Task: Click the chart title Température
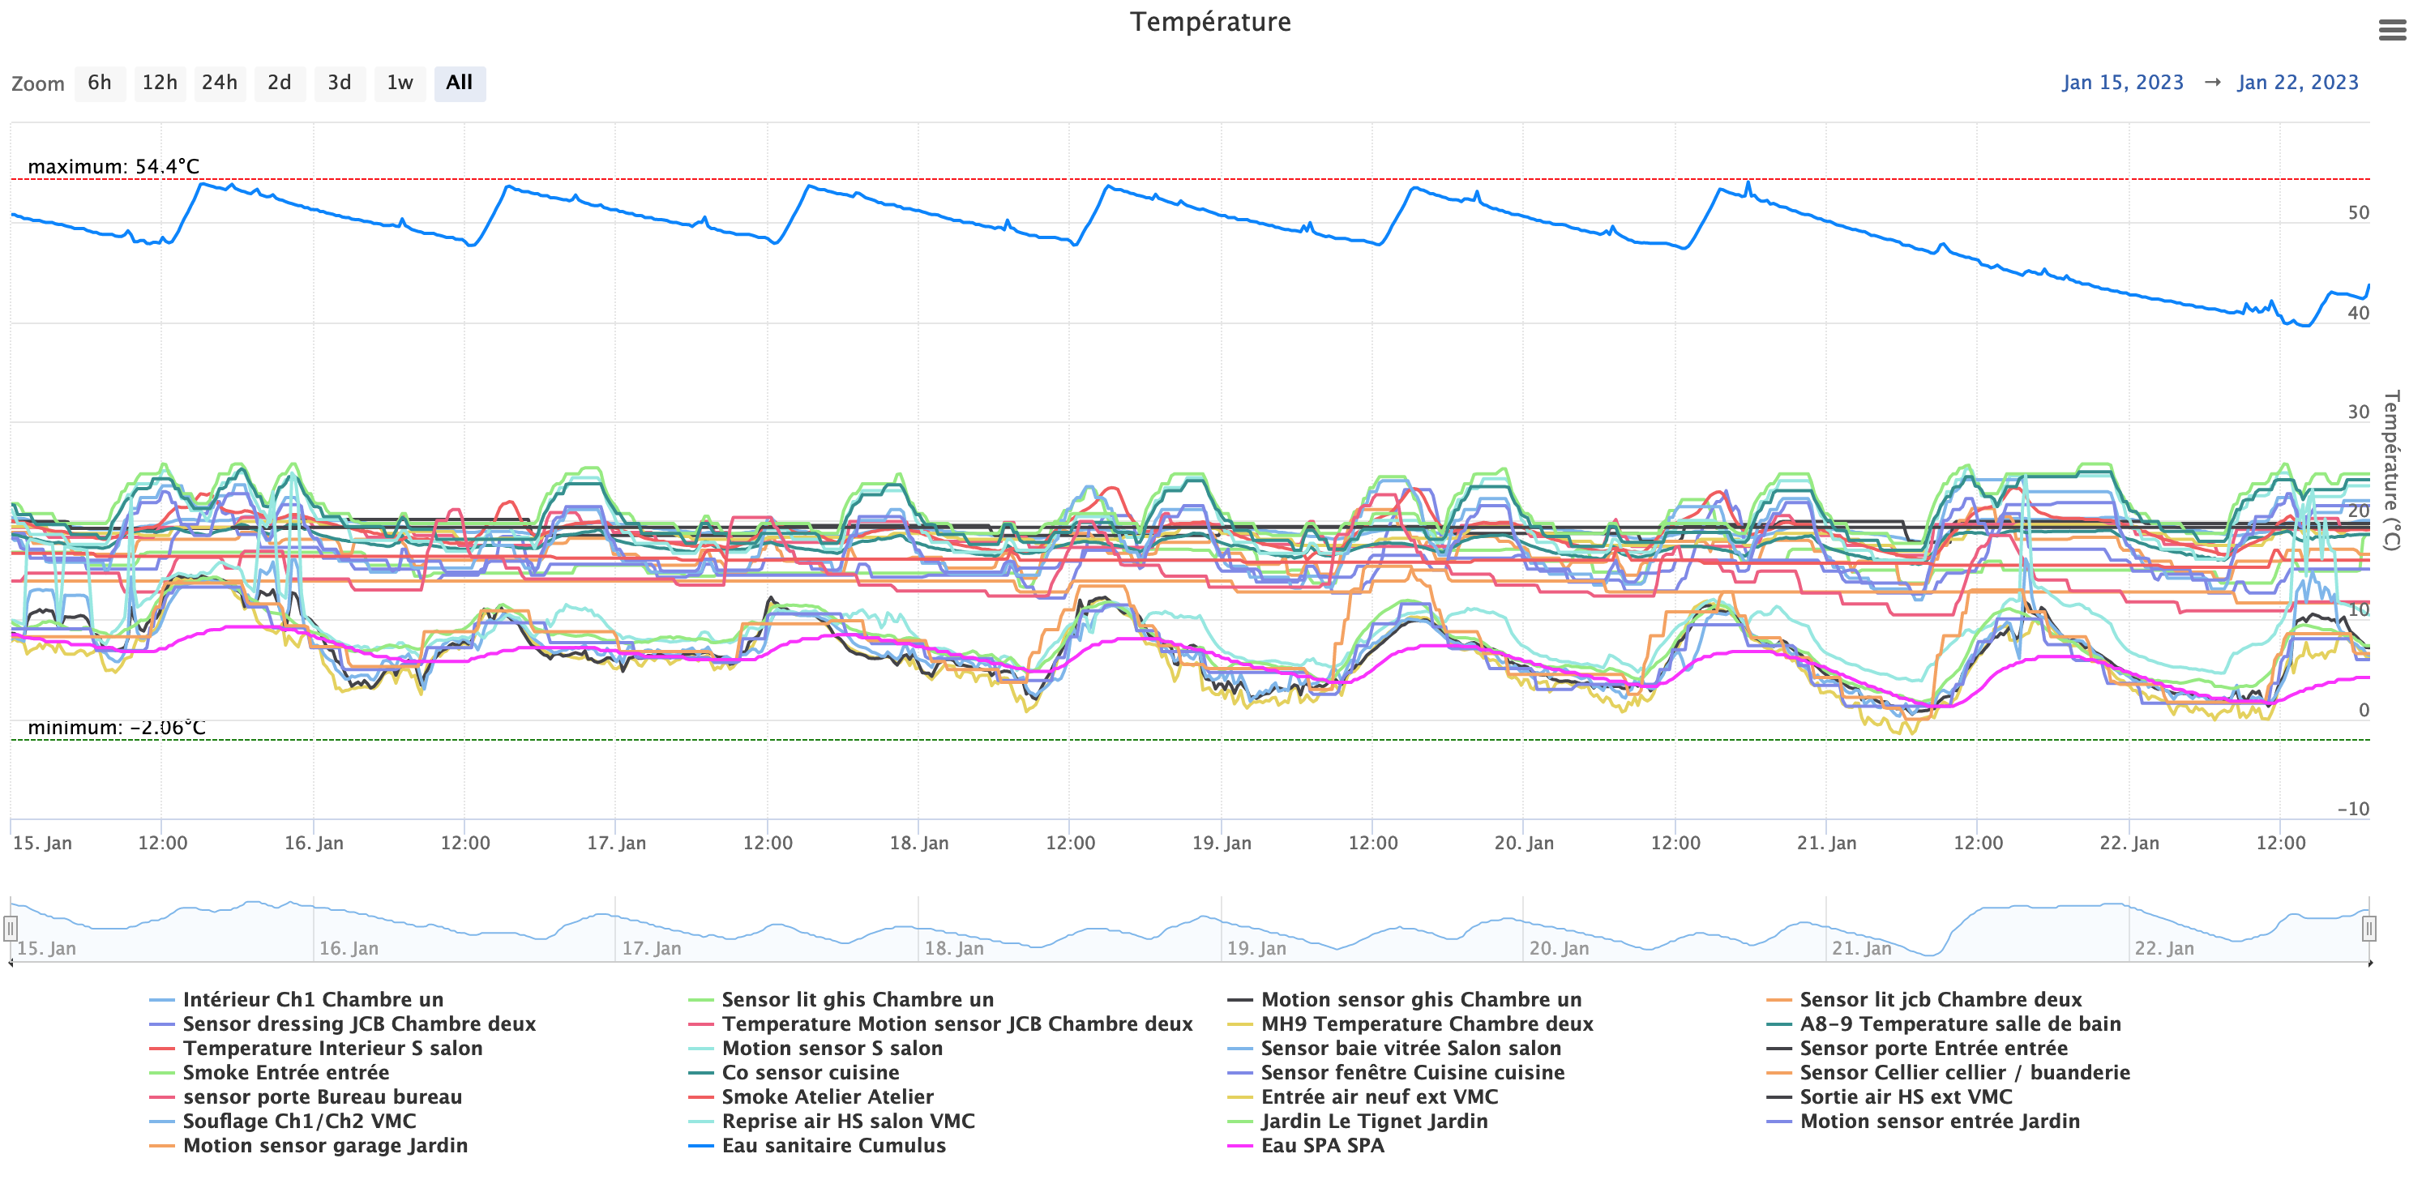coord(1210,22)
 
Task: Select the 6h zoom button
coord(100,83)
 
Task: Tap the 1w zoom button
coord(400,83)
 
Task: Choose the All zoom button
coord(459,83)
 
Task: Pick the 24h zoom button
coord(219,83)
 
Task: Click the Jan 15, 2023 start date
coord(2122,83)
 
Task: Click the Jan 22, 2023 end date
coord(2297,83)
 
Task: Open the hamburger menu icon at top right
coord(2392,31)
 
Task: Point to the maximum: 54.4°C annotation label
coord(113,166)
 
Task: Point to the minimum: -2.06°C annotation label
coord(117,728)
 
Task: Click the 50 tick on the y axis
coord(2358,212)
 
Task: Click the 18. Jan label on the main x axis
coord(918,843)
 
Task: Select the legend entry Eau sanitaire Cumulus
coord(833,1145)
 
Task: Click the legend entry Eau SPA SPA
coord(1322,1145)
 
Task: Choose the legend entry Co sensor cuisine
coord(810,1072)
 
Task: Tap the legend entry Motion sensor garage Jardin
coord(324,1145)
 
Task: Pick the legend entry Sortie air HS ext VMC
coord(1905,1096)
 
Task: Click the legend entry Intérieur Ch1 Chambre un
coord(312,999)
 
